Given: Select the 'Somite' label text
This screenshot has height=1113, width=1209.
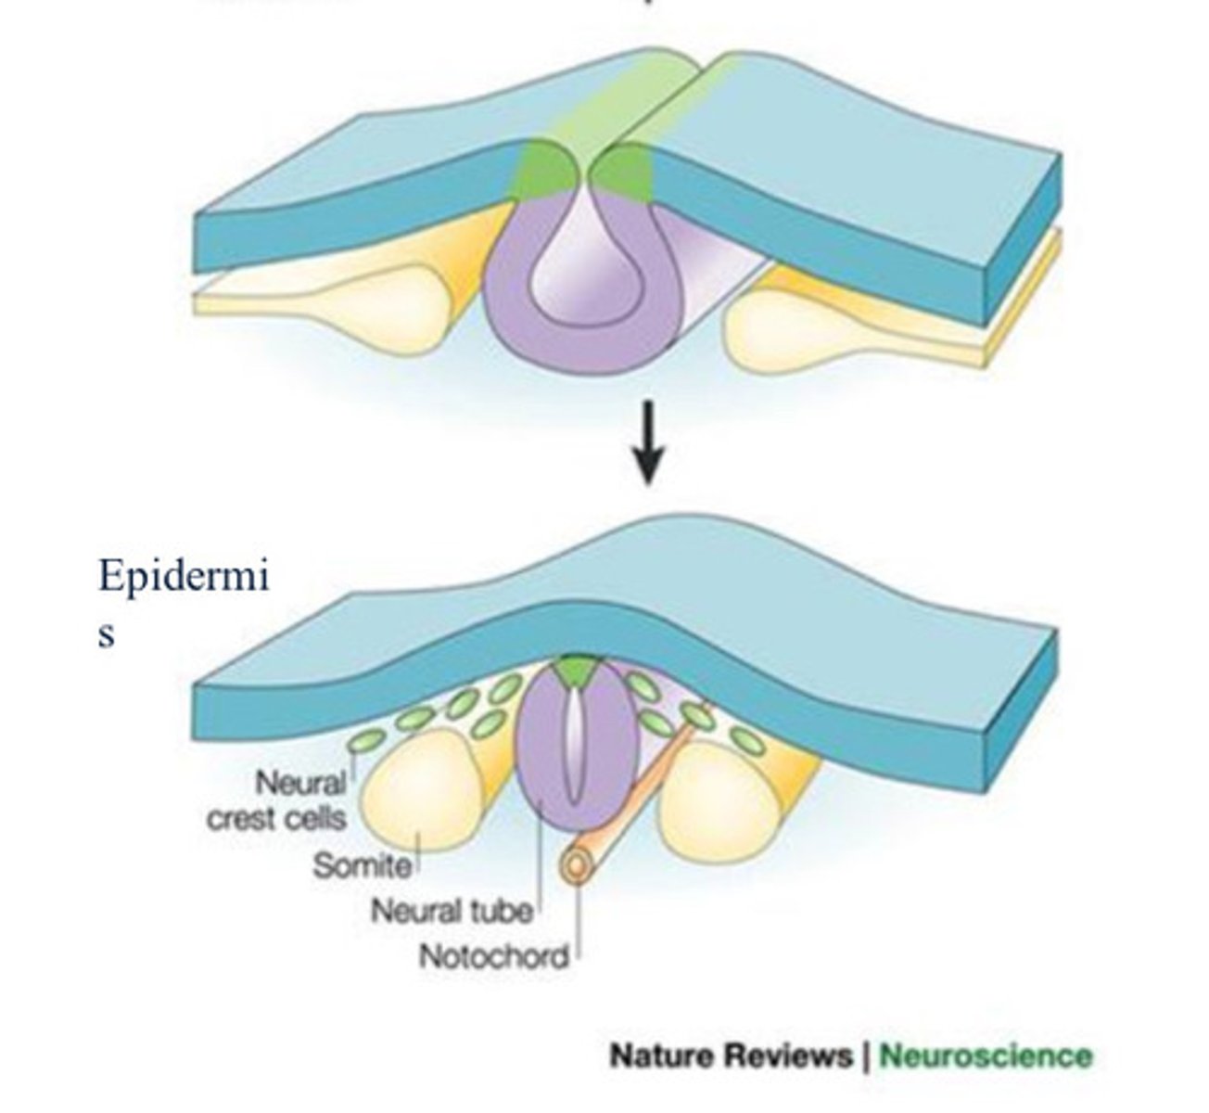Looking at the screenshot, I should click(362, 865).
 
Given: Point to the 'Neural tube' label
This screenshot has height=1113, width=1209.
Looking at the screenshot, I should click(452, 911).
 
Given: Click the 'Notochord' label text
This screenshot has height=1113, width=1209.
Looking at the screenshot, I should click(493, 955).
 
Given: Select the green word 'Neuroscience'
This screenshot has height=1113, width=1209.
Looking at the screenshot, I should click(986, 1055).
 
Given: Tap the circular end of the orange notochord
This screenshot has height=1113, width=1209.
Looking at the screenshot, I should click(575, 865).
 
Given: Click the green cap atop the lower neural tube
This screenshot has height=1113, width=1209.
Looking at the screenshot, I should click(577, 671).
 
